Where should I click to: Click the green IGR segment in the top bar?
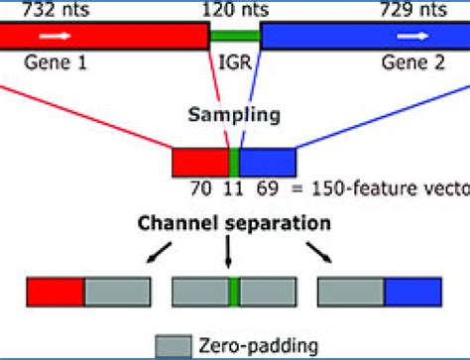[235, 35]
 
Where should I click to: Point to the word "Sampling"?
[235, 114]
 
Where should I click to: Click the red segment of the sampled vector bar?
[200, 162]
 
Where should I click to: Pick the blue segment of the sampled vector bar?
[268, 162]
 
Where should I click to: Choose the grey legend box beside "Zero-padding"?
[173, 345]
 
